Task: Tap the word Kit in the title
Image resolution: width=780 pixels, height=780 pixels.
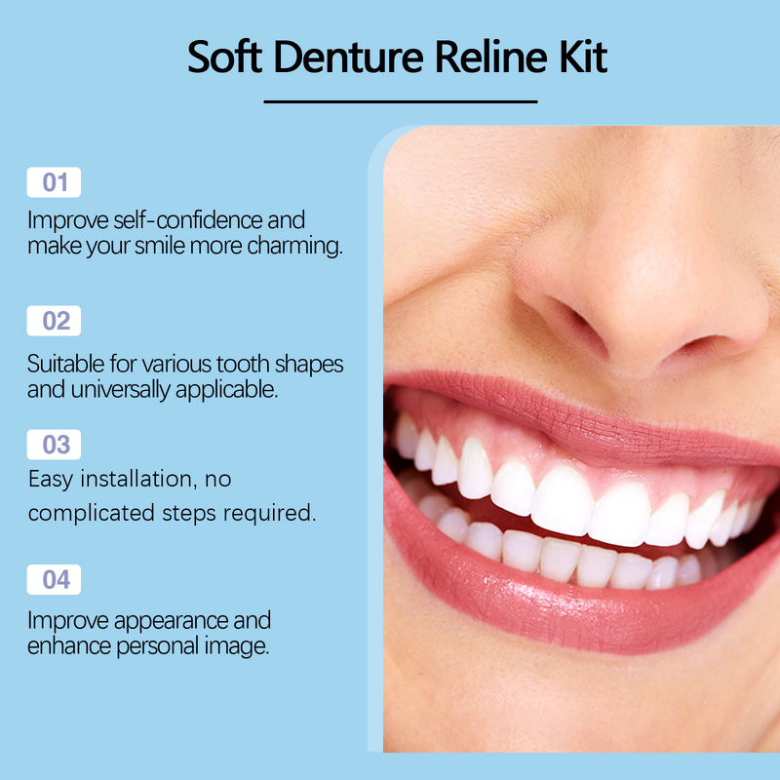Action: pyautogui.click(x=582, y=58)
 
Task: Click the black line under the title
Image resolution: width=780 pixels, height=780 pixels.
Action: pyautogui.click(x=400, y=100)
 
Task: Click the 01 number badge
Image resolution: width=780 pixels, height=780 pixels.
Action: pyautogui.click(x=55, y=182)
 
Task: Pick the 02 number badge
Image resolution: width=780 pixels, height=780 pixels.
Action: pyautogui.click(x=55, y=321)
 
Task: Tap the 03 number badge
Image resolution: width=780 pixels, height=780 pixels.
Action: pyautogui.click(x=55, y=445)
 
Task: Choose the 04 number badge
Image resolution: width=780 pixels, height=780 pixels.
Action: pyautogui.click(x=55, y=580)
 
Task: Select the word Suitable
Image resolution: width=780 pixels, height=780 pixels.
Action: pyautogui.click(x=65, y=365)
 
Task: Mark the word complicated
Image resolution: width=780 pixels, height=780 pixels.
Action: pyautogui.click(x=90, y=513)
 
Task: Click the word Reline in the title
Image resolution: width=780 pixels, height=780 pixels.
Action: pyautogui.click(x=485, y=58)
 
